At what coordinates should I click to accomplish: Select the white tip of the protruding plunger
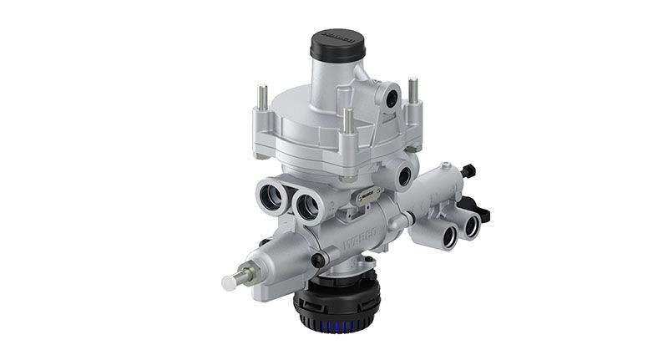229,282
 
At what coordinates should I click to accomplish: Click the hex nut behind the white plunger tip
247,273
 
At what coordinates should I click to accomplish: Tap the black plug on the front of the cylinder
318,261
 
